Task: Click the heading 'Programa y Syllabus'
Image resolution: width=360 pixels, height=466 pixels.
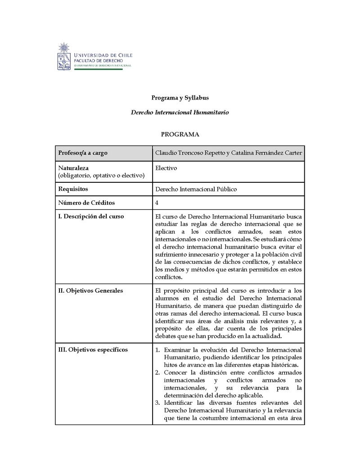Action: click(180, 98)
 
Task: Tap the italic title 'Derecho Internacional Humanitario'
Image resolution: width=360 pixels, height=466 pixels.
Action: click(180, 112)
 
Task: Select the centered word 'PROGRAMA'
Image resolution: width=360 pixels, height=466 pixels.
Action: click(180, 134)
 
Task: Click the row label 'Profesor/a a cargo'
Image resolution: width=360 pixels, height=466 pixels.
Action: click(83, 153)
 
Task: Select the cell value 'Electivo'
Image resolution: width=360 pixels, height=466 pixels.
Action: click(166, 168)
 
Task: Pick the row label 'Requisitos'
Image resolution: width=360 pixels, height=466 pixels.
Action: click(73, 189)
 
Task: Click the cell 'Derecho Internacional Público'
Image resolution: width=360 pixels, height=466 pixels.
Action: click(196, 189)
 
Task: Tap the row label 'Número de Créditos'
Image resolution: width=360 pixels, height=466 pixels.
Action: click(86, 203)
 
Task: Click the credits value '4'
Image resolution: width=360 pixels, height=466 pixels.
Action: click(157, 203)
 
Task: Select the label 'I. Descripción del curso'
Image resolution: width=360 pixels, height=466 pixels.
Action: click(91, 217)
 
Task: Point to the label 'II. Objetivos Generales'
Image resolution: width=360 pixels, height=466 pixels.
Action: click(90, 291)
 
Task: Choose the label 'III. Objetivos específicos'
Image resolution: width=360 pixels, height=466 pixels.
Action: click(93, 350)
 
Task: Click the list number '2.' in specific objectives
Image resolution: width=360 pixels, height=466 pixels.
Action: click(158, 372)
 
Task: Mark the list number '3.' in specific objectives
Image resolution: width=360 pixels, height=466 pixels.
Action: click(158, 403)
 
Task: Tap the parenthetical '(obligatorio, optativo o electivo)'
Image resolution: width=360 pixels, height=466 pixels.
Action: click(101, 175)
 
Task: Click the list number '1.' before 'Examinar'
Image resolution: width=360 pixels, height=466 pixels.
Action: click(158, 350)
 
